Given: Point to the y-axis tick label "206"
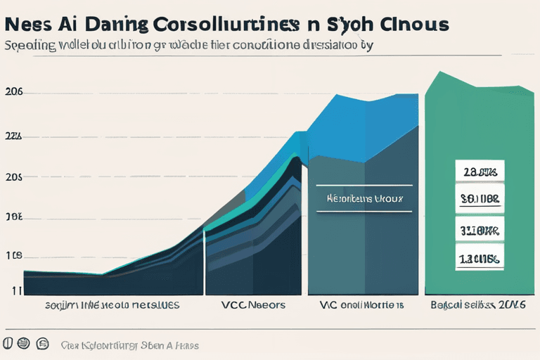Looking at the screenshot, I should coord(14,92).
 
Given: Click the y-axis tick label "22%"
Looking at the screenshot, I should coord(14,136).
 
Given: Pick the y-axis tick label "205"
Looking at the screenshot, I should coord(14,177).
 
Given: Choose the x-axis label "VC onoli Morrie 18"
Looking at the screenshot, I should coord(361,305).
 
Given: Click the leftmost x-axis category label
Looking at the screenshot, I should coord(112,305).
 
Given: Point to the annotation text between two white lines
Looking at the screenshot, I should coord(365,199).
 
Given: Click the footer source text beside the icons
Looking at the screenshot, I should coord(129,345).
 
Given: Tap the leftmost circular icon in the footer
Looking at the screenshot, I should coord(8,345).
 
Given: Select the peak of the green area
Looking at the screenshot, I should coord(439,72).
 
